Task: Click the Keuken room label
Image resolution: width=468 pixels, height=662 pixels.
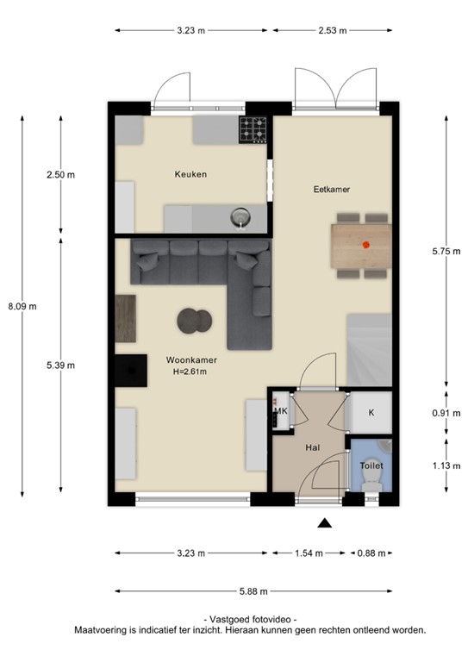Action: [x=190, y=174]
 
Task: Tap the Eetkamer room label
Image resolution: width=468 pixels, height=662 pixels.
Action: [x=333, y=189]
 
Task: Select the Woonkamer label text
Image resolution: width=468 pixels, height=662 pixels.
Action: [x=191, y=360]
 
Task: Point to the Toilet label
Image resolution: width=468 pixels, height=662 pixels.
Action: [x=372, y=465]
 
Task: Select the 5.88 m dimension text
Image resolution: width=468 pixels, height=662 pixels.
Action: [x=252, y=591]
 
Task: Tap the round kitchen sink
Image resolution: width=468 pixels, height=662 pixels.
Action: [x=241, y=216]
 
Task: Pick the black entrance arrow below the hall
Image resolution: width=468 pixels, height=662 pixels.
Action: [x=325, y=522]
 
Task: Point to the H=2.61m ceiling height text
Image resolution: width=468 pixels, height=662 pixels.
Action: [x=191, y=372]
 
